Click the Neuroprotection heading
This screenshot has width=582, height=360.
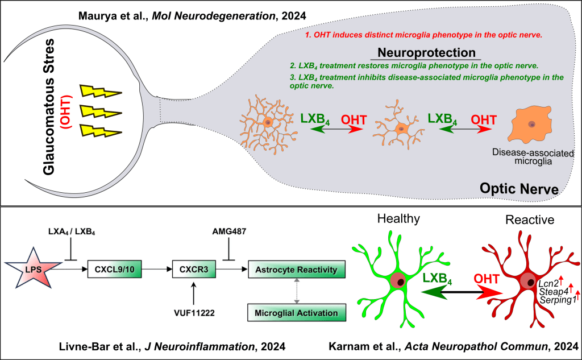tap(426, 53)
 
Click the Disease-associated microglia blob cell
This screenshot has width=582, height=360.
tap(533, 126)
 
